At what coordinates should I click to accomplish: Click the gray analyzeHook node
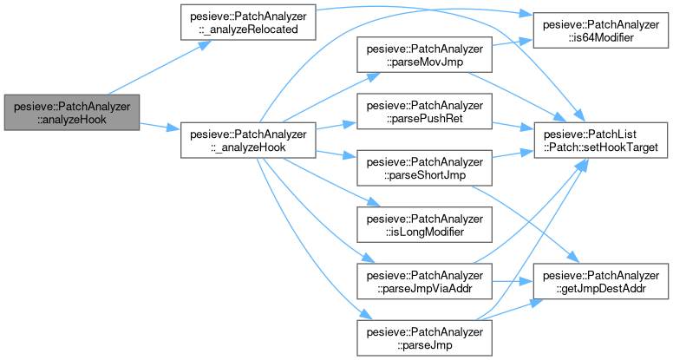71,112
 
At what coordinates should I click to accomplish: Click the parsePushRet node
424,113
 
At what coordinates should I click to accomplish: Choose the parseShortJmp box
424,168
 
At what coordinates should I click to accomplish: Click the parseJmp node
424,337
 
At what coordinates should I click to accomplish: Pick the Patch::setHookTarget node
604,141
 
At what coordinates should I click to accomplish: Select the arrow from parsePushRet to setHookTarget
512,127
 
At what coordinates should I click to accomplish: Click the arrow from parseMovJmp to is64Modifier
512,44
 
